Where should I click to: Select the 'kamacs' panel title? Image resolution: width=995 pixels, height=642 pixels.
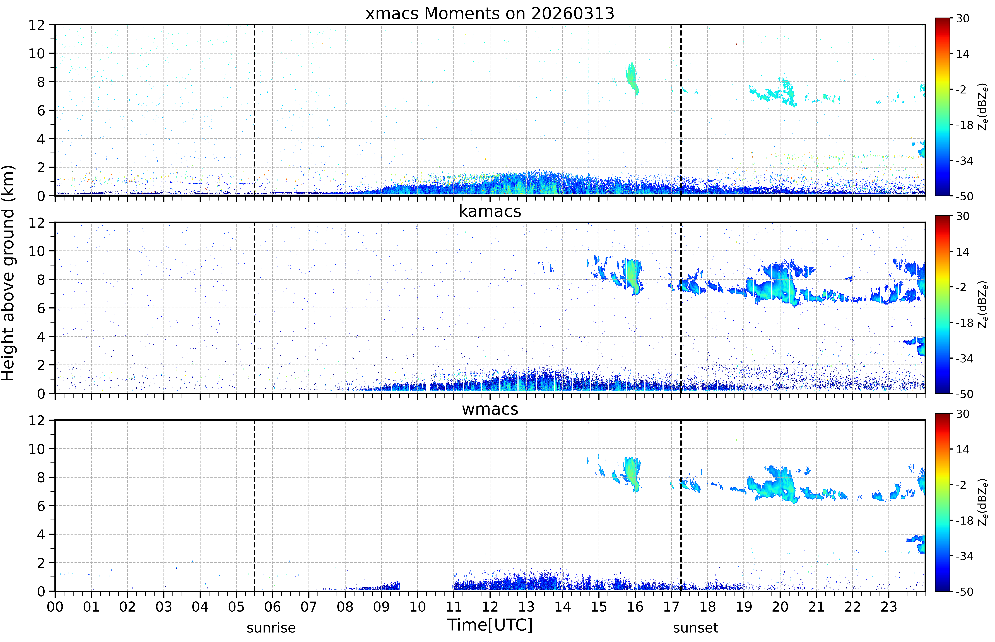click(490, 211)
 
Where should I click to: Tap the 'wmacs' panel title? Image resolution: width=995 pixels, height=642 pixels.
click(490, 409)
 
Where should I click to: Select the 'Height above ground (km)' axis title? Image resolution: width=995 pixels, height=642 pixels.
click(8, 273)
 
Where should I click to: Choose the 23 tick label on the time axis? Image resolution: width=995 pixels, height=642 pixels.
click(889, 607)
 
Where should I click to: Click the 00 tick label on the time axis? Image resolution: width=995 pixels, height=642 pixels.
click(55, 607)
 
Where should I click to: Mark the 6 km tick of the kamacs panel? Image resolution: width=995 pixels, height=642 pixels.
click(41, 308)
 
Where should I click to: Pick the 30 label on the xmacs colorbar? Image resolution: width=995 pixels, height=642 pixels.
click(962, 19)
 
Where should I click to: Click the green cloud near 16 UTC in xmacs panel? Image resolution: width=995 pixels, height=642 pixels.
click(632, 78)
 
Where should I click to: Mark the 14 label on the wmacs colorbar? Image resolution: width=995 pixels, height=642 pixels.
click(962, 449)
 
